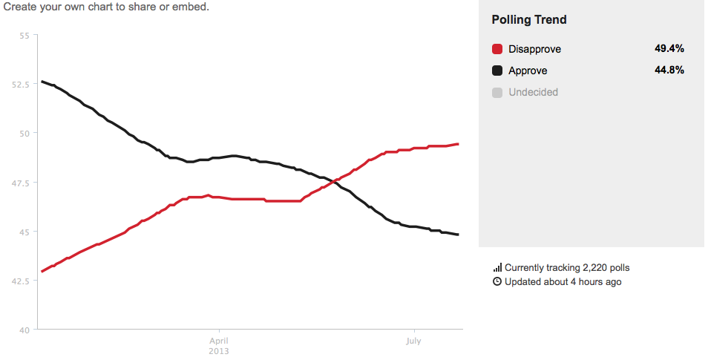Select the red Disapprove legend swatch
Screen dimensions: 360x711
pyautogui.click(x=497, y=49)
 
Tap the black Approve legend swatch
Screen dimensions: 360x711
pyautogui.click(x=497, y=71)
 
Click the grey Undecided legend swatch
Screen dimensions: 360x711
pyautogui.click(x=497, y=93)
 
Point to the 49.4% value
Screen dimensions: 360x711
pyautogui.click(x=669, y=48)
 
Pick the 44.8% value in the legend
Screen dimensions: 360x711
pyautogui.click(x=669, y=70)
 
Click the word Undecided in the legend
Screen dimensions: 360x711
pyautogui.click(x=533, y=93)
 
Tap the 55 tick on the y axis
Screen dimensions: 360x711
pyautogui.click(x=24, y=36)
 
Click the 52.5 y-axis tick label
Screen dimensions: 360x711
pyautogui.click(x=21, y=85)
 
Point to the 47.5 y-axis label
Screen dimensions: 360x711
pyautogui.click(x=21, y=183)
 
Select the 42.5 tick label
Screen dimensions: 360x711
pyautogui.click(x=21, y=281)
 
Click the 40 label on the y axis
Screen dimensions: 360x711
pyautogui.click(x=24, y=330)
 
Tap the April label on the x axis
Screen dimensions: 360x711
pyautogui.click(x=219, y=341)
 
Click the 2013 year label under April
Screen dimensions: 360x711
pyautogui.click(x=219, y=350)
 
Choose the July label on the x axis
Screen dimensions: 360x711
pyautogui.click(x=413, y=341)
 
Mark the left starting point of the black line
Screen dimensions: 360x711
pyautogui.click(x=42, y=81)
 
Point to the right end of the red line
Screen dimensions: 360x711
pyautogui.click(x=458, y=144)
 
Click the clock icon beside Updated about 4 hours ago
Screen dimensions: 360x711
pyautogui.click(x=497, y=282)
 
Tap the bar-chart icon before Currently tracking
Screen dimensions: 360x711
pyautogui.click(x=497, y=267)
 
